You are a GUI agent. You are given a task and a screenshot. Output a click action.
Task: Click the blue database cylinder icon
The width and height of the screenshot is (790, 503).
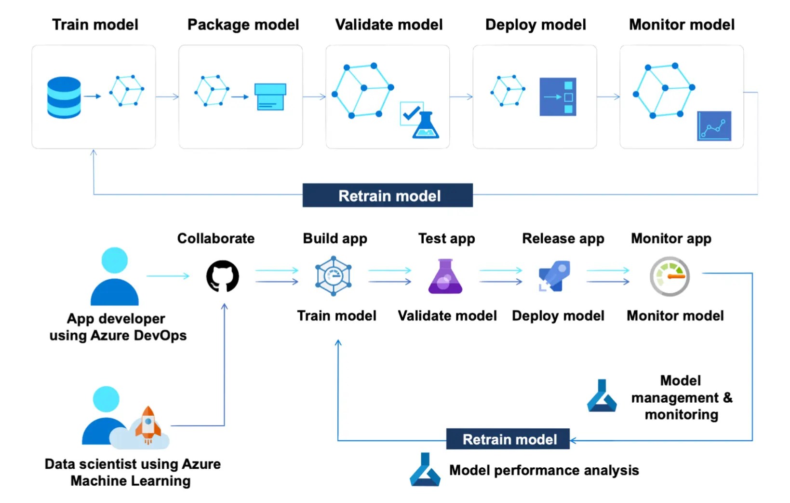(x=64, y=97)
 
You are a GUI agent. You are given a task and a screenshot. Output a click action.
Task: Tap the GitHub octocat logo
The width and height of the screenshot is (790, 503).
(x=222, y=276)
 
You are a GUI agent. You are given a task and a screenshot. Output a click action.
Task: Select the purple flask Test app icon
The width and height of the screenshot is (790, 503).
(x=445, y=277)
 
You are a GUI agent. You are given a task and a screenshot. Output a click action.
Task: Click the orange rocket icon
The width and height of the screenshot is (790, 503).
(x=148, y=424)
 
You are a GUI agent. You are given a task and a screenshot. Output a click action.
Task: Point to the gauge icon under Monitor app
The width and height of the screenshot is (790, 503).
(x=669, y=276)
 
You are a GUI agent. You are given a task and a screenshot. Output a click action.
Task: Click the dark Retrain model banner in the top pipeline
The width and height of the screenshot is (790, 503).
(x=388, y=195)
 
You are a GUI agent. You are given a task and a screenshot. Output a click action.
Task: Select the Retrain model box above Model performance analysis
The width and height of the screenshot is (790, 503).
(x=508, y=439)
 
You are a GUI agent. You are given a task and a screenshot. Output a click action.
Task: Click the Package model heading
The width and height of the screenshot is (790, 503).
(x=243, y=25)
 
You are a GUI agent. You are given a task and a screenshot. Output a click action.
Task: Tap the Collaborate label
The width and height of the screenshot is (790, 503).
(x=215, y=238)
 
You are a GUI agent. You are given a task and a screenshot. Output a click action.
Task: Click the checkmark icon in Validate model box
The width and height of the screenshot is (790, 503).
(x=411, y=113)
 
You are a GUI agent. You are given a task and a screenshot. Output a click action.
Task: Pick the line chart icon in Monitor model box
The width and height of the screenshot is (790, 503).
(x=714, y=126)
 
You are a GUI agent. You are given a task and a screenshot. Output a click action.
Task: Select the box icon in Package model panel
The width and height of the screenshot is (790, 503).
(x=270, y=96)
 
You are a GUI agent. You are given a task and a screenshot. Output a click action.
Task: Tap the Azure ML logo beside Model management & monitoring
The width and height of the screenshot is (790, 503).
(x=602, y=396)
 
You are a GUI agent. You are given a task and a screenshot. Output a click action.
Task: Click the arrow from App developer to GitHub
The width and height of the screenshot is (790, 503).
(x=168, y=276)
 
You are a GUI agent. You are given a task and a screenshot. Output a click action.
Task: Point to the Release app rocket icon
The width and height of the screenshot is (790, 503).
(x=554, y=276)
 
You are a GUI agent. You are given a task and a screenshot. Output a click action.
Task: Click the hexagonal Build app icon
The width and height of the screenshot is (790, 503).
(x=333, y=276)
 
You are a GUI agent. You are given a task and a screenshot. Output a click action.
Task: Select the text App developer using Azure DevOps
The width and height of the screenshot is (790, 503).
(x=117, y=327)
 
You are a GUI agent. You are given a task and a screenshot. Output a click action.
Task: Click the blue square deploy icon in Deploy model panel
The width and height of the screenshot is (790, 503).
(x=558, y=97)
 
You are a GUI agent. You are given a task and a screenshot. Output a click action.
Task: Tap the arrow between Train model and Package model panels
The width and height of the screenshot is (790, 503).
(x=167, y=97)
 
